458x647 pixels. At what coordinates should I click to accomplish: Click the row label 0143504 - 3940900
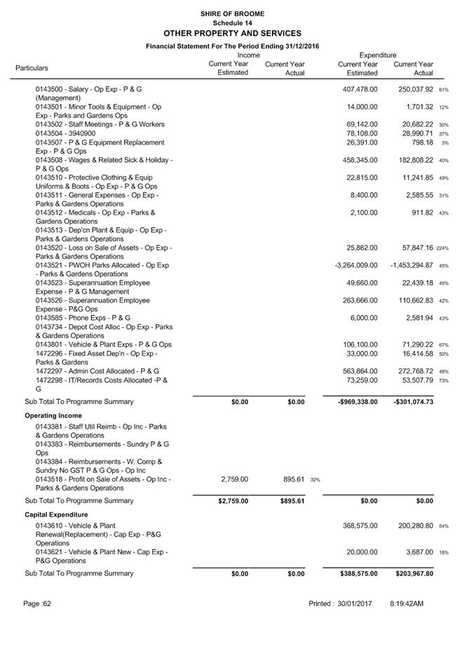(x=65, y=133)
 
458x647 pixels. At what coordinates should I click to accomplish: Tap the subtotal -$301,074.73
(x=410, y=402)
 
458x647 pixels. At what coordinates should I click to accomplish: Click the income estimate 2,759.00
(x=234, y=479)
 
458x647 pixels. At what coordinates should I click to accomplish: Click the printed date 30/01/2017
(x=353, y=603)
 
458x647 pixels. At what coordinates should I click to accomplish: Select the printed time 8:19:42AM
(x=407, y=603)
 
